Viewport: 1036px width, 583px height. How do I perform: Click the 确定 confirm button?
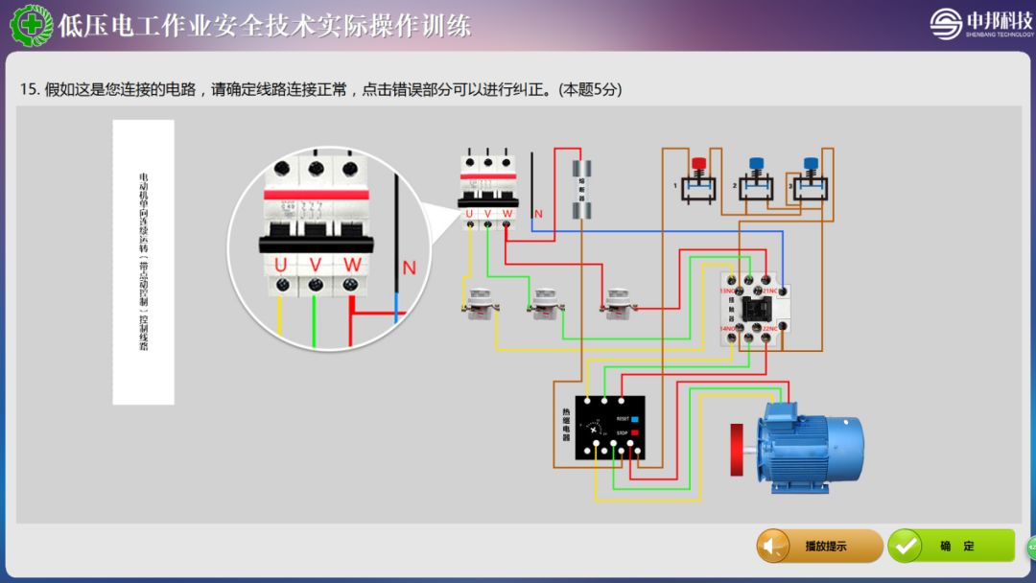coord(950,546)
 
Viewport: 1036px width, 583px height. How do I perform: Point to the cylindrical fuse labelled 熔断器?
coord(580,190)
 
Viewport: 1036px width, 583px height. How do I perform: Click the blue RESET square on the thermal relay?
coord(634,419)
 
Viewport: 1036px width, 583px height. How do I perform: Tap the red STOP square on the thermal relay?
coord(634,433)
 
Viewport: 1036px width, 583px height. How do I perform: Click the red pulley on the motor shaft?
coord(739,451)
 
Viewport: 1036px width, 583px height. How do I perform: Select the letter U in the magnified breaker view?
coord(280,264)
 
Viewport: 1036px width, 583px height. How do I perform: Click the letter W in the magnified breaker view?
coord(352,264)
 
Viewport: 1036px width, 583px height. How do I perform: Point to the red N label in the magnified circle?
coord(410,268)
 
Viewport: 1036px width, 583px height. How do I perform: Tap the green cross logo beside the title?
coord(31,25)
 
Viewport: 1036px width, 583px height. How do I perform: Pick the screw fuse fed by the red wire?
coord(615,302)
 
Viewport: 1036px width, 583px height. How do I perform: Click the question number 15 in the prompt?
coord(29,89)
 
